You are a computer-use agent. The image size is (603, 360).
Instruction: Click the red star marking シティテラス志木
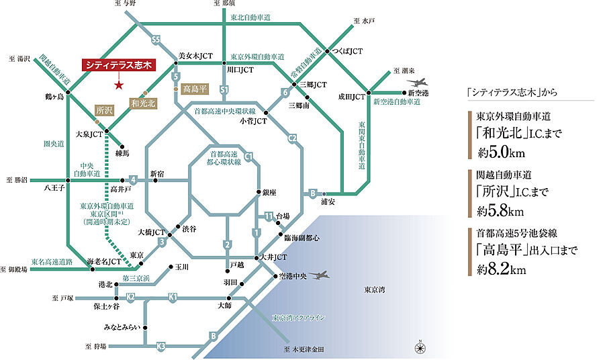(x=118, y=85)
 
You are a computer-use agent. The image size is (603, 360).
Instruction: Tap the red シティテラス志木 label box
(x=118, y=66)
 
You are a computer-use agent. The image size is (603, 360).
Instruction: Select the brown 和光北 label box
(x=144, y=103)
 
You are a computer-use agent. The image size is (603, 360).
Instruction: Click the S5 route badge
(x=156, y=39)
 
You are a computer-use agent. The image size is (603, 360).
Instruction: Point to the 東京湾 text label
(x=375, y=290)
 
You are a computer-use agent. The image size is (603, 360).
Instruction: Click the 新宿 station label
(x=157, y=173)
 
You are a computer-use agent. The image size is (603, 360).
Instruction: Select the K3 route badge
(x=160, y=346)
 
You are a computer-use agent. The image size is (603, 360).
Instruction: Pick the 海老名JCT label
(x=105, y=261)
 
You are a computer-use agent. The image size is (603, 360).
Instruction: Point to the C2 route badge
(x=292, y=138)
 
